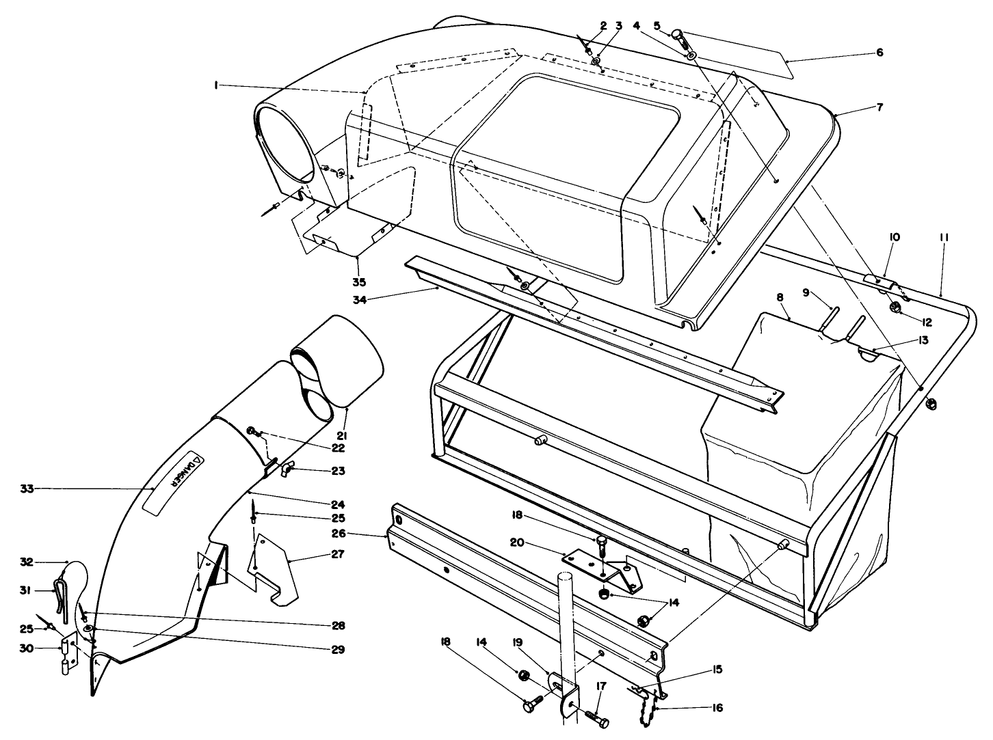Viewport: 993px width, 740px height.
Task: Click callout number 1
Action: (215, 85)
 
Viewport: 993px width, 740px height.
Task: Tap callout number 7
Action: (880, 107)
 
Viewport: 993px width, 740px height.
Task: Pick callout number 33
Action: (27, 488)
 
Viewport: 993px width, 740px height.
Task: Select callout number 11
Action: (944, 237)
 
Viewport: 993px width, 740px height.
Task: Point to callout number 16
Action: (717, 708)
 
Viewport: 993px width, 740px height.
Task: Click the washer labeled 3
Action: (597, 62)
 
